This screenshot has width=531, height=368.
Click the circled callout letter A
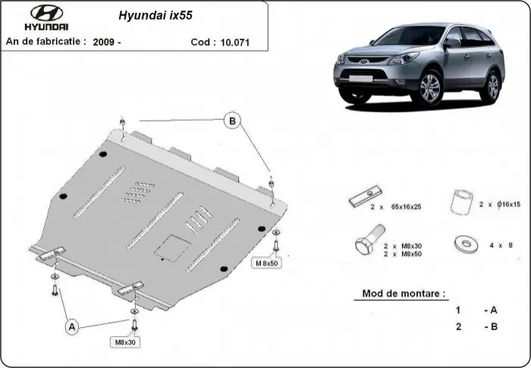click(72, 327)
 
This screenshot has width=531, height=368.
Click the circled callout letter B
click(233, 119)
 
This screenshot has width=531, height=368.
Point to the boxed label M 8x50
click(268, 263)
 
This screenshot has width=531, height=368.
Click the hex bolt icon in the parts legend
click(364, 247)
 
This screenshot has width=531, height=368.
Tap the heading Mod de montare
click(404, 292)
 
